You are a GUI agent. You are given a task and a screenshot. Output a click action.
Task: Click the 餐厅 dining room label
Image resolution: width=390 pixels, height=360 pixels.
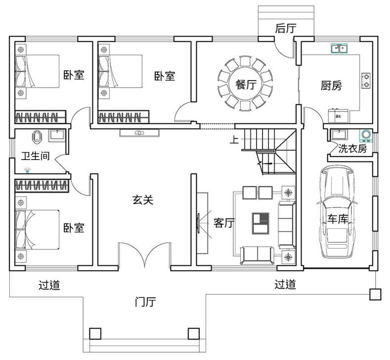click(246, 84)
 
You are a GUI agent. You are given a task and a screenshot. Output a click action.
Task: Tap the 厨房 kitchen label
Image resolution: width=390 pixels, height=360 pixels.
click(331, 85)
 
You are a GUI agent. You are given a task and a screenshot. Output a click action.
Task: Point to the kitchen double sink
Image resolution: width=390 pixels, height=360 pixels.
click(339, 48)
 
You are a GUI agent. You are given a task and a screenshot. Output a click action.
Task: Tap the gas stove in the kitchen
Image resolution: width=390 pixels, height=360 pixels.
click(366, 81)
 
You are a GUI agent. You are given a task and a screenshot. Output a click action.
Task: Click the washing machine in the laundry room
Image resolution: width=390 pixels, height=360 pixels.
click(366, 135)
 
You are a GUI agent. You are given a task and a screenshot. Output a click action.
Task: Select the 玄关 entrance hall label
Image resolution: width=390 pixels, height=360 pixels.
click(143, 200)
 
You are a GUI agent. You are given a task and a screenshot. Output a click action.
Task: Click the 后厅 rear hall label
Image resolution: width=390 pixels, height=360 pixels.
click(286, 28)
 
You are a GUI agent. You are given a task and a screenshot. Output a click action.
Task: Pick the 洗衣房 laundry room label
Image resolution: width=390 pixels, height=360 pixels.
click(352, 149)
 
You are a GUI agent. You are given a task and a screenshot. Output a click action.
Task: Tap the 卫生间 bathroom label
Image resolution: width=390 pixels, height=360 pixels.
click(35, 156)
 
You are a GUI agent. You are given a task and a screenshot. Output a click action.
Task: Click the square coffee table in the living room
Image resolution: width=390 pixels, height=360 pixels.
click(260, 223)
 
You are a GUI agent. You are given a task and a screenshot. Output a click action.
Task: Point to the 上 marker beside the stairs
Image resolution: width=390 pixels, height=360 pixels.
click(234, 140)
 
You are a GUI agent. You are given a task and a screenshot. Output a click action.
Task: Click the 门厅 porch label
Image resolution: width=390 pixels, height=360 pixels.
click(145, 302)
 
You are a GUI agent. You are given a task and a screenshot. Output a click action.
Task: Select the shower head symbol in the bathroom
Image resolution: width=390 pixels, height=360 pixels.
click(28, 171)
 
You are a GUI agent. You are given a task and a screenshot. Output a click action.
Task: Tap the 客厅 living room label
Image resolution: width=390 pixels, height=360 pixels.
click(224, 223)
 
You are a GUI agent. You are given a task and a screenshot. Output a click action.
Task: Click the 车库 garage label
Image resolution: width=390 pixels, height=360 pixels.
click(338, 219)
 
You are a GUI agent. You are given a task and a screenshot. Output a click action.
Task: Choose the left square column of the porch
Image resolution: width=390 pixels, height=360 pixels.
click(95, 334)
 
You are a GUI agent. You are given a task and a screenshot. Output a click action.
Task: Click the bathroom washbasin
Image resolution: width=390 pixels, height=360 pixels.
click(57, 135)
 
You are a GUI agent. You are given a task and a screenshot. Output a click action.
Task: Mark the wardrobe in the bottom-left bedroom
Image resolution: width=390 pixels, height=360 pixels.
click(42, 185)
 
